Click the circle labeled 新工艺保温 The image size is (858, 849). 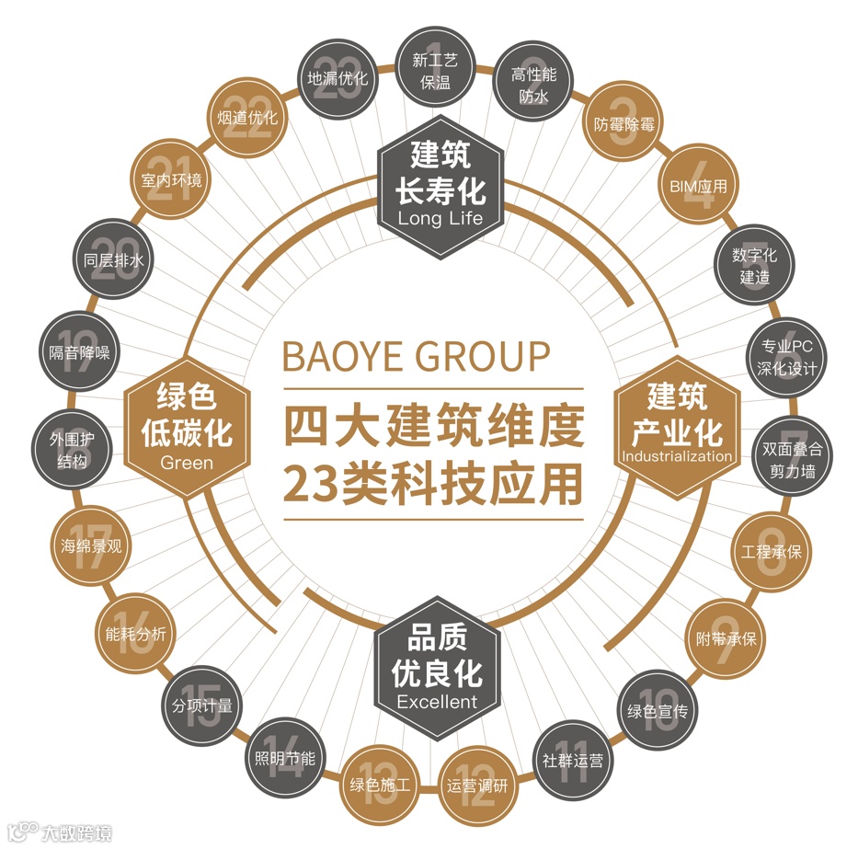(x=435, y=72)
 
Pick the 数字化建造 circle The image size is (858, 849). (x=755, y=264)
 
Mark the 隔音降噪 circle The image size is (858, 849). (x=78, y=352)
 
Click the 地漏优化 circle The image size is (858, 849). (x=337, y=79)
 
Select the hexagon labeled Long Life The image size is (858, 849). (x=440, y=188)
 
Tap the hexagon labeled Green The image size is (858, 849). (x=187, y=424)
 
